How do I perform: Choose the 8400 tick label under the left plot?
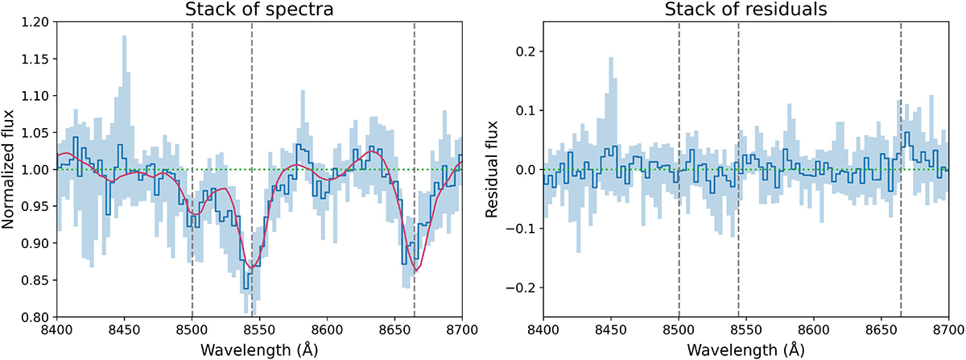coord(56,329)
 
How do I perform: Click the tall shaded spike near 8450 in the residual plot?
coord(611,72)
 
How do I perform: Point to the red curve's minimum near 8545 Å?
coord(252,267)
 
